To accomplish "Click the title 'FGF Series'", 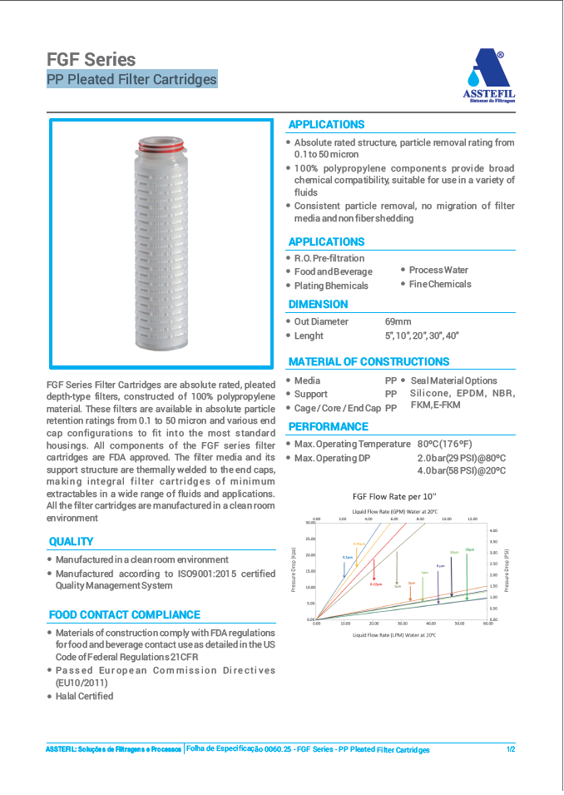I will [x=92, y=59].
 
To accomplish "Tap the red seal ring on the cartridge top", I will [x=161, y=147].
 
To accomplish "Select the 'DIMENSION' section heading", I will [x=318, y=304].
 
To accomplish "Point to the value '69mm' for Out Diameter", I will [x=398, y=321].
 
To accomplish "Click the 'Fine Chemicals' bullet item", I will [x=440, y=284].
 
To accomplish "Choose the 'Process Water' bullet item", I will [x=438, y=270].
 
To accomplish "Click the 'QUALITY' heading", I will [x=71, y=541].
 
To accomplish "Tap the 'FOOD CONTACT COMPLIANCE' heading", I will [x=124, y=614].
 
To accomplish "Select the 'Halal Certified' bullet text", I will [x=84, y=696].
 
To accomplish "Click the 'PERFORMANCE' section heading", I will [x=328, y=426].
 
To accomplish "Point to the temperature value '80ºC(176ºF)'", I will [x=444, y=444].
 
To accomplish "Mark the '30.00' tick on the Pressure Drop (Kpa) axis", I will [x=310, y=523].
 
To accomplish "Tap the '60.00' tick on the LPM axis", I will [x=487, y=624].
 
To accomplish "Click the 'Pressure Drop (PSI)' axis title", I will [x=506, y=569].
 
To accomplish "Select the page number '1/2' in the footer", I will [x=511, y=749].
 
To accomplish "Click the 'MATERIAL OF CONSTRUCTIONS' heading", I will [x=369, y=361].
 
